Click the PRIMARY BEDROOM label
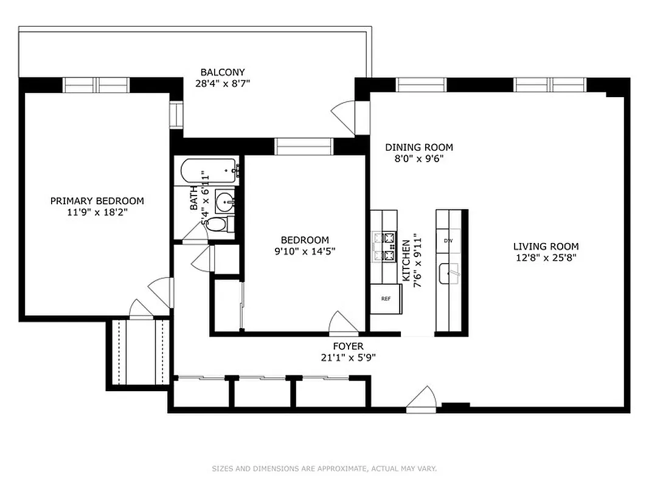click(x=97, y=201)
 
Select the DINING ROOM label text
click(x=419, y=147)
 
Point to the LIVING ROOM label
click(x=546, y=246)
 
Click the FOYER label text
click(x=349, y=347)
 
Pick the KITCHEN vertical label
click(x=406, y=260)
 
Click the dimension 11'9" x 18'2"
click(x=97, y=213)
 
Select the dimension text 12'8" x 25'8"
click(x=546, y=257)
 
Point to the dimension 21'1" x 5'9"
click(x=349, y=358)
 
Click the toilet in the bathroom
click(x=217, y=225)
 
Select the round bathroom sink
click(x=226, y=200)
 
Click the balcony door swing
click(x=342, y=115)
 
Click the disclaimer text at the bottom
click(x=324, y=468)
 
